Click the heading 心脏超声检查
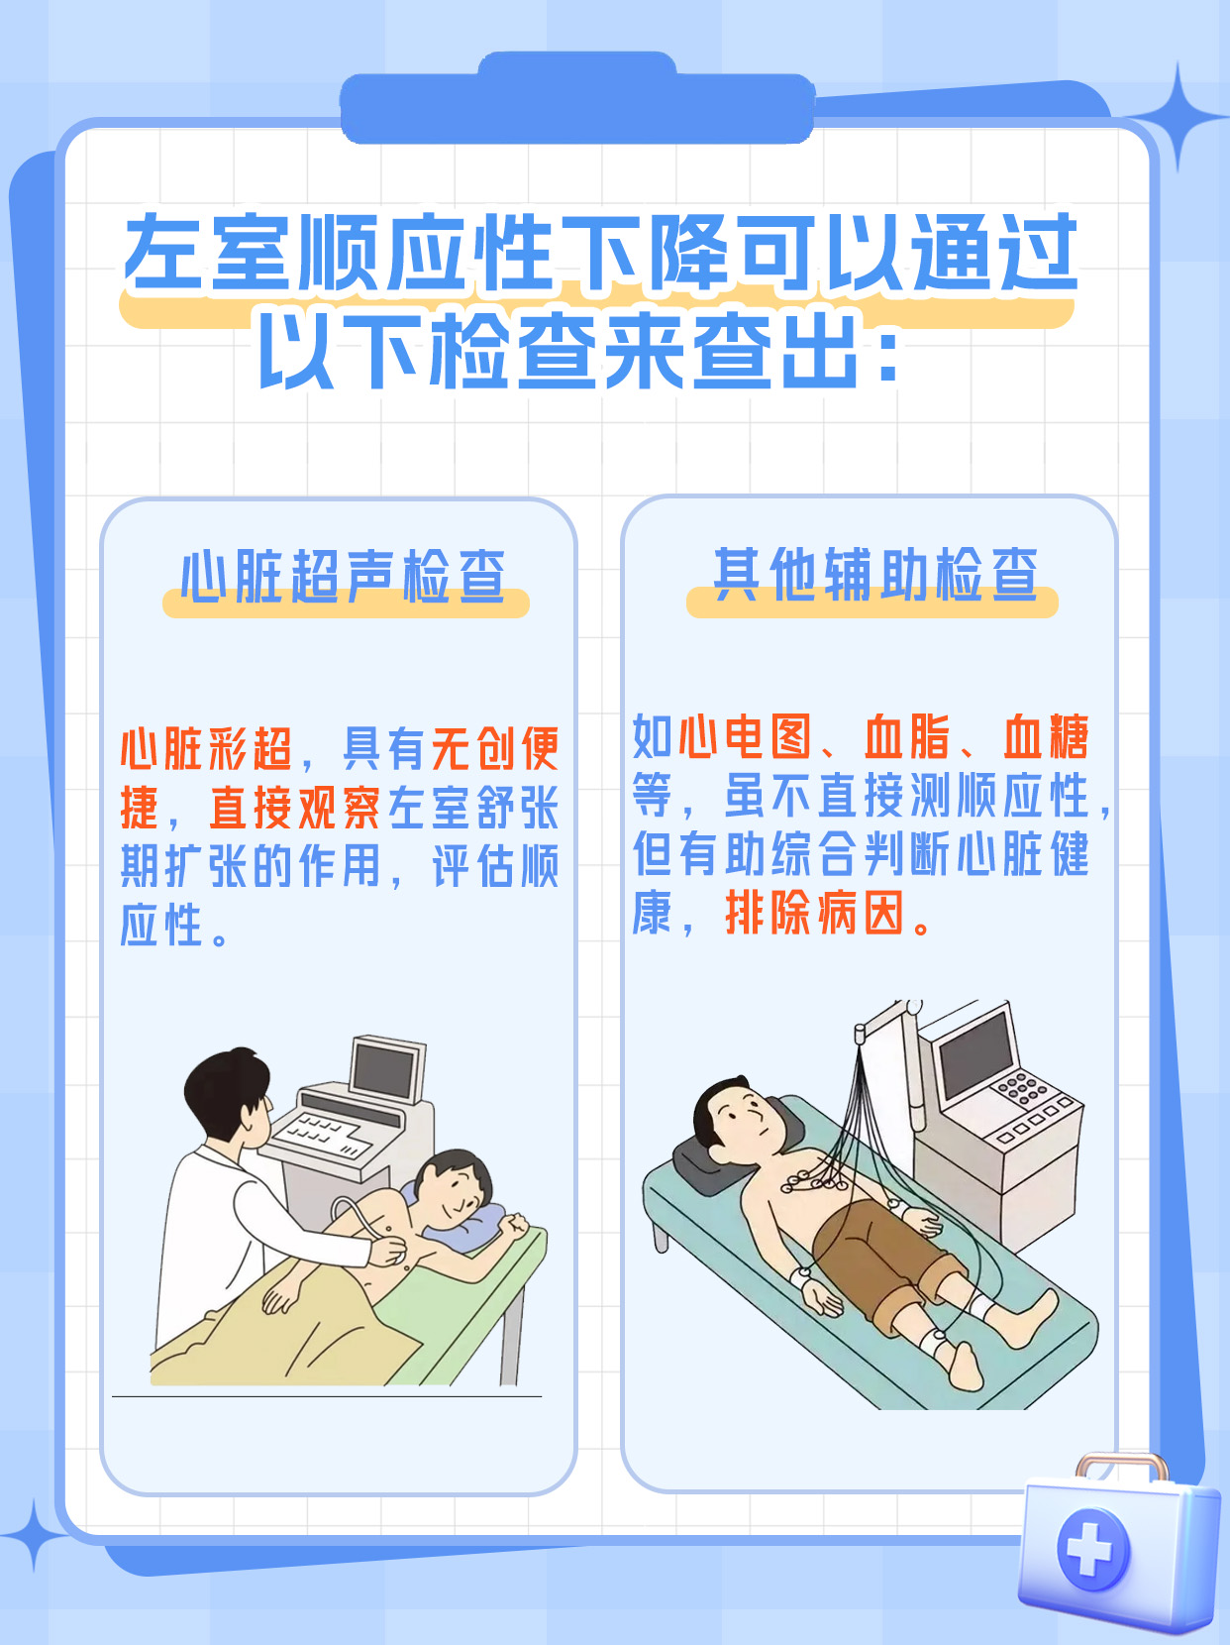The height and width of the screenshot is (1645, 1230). pos(343,576)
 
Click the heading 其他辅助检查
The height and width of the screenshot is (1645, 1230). pos(875,574)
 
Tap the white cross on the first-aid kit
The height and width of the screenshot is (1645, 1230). pos(1091,1548)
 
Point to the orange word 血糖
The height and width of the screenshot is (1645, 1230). pos(1046,737)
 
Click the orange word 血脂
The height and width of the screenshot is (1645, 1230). pos(906,737)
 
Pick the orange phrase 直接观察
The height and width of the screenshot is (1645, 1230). pos(294,808)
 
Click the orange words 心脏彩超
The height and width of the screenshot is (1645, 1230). pos(206,749)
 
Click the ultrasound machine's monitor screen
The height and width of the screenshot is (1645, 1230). pos(385,1068)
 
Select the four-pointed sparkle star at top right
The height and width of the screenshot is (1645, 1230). pos(1178,116)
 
